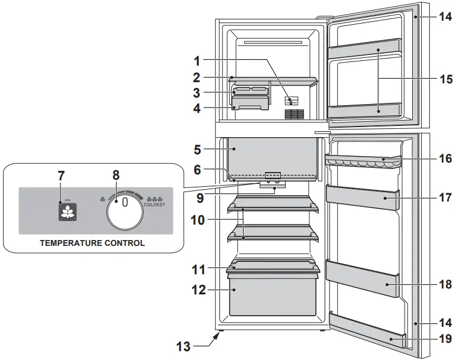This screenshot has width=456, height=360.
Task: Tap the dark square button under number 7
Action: click(x=68, y=212)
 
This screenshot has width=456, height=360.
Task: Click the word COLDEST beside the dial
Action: click(x=154, y=205)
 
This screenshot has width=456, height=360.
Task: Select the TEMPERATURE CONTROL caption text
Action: click(x=92, y=242)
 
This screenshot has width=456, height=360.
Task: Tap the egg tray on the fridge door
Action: click(x=362, y=161)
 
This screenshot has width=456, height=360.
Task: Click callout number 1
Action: click(x=196, y=60)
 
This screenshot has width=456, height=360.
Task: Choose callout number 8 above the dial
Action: click(x=116, y=175)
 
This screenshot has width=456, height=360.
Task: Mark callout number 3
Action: click(x=196, y=93)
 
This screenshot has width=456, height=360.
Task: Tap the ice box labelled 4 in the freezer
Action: click(x=251, y=105)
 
